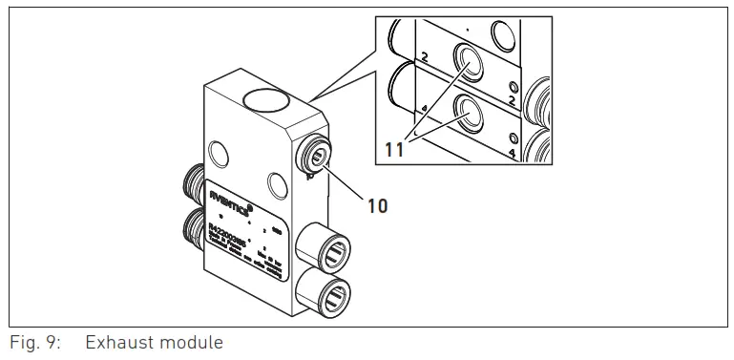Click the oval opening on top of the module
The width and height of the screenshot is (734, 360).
[x=267, y=98]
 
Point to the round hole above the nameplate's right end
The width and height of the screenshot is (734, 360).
[x=278, y=182]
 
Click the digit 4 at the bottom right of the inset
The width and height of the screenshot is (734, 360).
[x=513, y=152]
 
